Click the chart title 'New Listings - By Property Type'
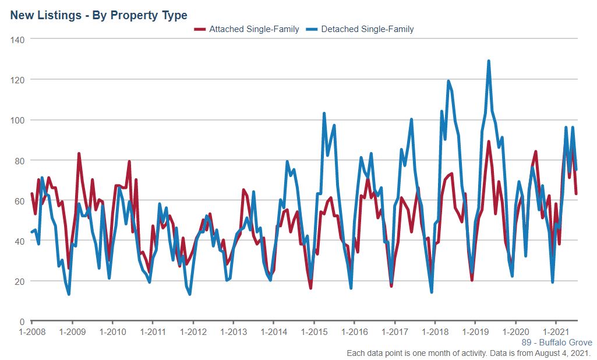click(x=98, y=15)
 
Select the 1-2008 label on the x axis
click(x=31, y=333)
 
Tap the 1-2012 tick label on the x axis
click(x=193, y=333)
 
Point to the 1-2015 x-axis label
click(x=314, y=333)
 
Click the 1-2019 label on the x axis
click(x=475, y=333)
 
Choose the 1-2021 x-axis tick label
click(x=556, y=333)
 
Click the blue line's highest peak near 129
click(x=489, y=61)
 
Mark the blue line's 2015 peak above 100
click(x=324, y=114)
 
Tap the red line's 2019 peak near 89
click(x=489, y=142)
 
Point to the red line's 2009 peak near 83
click(x=79, y=154)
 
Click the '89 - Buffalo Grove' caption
click(x=556, y=343)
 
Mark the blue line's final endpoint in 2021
click(x=576, y=170)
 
